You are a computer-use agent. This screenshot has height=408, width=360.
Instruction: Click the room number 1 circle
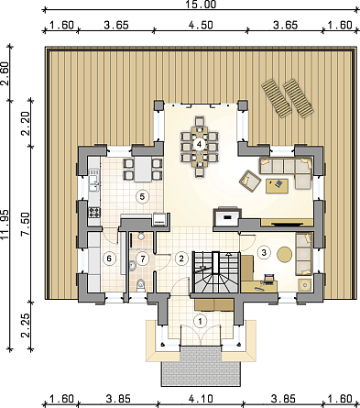coord(201,321)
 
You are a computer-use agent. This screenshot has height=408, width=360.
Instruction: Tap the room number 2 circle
coord(181,259)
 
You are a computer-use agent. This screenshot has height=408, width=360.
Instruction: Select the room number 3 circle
coord(264,252)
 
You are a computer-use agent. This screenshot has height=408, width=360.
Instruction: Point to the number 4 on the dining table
coord(199,143)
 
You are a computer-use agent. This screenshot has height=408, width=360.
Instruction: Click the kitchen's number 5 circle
coord(142,196)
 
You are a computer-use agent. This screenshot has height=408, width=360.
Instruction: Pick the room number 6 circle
coord(109,259)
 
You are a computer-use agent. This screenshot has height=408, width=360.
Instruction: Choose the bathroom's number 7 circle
coord(142,259)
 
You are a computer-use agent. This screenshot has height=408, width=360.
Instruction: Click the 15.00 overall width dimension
coord(201,5)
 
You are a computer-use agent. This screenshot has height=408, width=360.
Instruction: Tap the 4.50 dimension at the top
coord(201,25)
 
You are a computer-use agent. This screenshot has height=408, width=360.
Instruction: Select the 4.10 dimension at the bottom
coord(201,399)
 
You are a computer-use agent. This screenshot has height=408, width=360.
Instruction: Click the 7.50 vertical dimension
coord(26,224)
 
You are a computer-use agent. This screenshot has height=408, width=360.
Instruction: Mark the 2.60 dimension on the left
coord(5,73)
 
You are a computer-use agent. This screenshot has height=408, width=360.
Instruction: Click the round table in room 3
coord(285,254)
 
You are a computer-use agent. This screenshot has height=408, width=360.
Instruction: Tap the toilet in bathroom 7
coord(140,285)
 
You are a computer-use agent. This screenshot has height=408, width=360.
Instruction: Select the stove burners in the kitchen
coord(94,212)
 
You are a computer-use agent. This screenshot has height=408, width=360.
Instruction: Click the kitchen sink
coord(93,183)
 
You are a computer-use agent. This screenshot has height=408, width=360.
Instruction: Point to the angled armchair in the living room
coord(250,182)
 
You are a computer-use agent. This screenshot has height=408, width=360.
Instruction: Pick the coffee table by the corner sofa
coord(277,186)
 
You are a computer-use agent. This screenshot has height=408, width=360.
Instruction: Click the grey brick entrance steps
coord(201,366)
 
